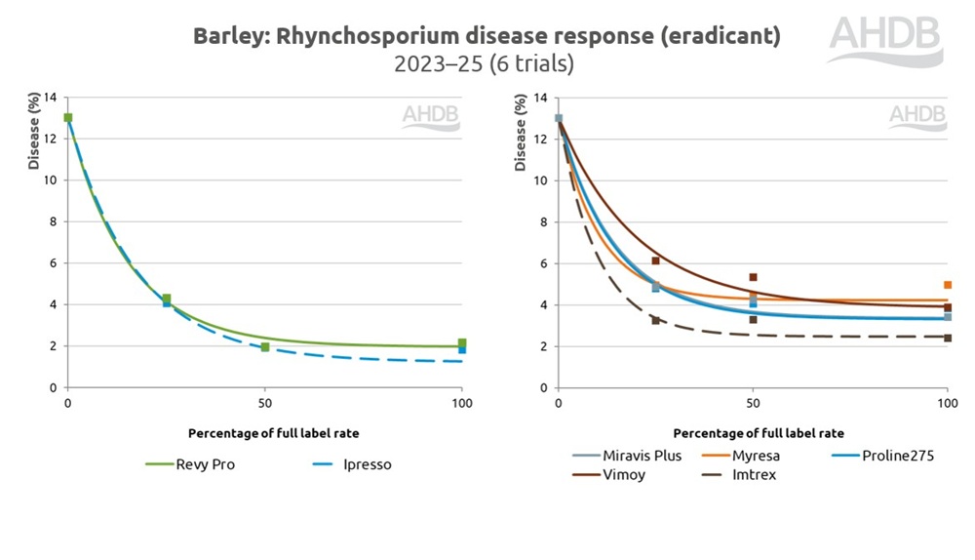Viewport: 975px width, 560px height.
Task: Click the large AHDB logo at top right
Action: pyautogui.click(x=886, y=37)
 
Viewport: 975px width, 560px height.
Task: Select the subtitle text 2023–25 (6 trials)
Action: pyautogui.click(x=484, y=65)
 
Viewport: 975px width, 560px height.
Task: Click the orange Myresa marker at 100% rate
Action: pyautogui.click(x=947, y=285)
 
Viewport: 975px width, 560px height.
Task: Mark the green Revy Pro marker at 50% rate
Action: pyautogui.click(x=264, y=347)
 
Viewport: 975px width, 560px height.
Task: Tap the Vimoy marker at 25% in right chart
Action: pyautogui.click(x=656, y=260)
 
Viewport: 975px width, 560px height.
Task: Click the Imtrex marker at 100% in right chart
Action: pyautogui.click(x=947, y=338)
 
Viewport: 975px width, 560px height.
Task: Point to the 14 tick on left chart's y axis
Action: pyautogui.click(x=50, y=98)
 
